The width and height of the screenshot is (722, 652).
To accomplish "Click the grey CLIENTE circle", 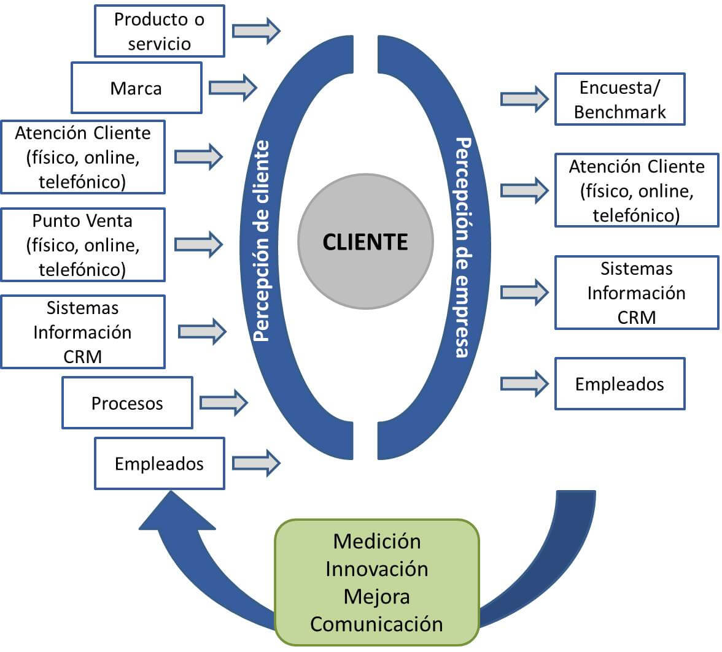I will [365, 241].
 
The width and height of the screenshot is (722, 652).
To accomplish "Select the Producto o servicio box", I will [160, 31].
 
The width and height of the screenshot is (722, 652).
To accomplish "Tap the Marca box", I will [136, 88].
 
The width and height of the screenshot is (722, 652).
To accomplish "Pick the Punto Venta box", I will [83, 245].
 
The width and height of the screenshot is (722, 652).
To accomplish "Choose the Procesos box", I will [127, 403].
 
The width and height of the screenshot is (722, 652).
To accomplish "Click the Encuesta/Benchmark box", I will [619, 99].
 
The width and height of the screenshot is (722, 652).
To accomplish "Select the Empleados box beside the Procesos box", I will [160, 463].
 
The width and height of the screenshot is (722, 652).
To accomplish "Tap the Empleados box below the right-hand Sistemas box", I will [619, 384].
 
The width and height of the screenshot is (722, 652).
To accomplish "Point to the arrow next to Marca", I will [232, 87].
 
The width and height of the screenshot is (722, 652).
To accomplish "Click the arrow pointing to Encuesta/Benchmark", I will [524, 99].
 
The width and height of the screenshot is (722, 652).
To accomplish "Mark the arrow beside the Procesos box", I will [223, 402].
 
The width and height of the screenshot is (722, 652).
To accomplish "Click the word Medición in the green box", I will [377, 542].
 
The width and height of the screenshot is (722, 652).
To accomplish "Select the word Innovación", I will [377, 569].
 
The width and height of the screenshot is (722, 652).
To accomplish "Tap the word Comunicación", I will [377, 624].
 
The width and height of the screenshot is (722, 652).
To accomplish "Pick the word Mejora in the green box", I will [377, 596].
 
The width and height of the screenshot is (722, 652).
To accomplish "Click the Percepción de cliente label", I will [262, 241].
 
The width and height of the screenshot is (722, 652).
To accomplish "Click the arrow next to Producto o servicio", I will [255, 31].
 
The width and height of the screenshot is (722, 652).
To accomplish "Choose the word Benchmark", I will [619, 112].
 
